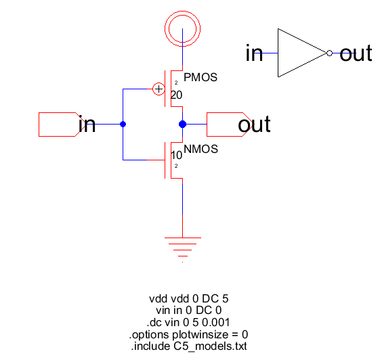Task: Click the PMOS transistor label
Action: (x=200, y=77)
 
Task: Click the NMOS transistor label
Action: (x=201, y=149)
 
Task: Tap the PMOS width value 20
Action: (x=176, y=95)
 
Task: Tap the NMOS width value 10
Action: (x=176, y=155)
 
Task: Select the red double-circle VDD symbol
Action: (x=182, y=12)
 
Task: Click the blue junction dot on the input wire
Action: (x=123, y=125)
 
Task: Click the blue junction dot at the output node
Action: (x=182, y=125)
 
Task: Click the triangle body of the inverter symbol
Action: (x=278, y=53)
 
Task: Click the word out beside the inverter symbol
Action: (x=356, y=53)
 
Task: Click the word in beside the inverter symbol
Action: (x=254, y=53)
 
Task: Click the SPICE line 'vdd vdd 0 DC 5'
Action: (x=189, y=298)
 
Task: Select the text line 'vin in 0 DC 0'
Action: (x=189, y=311)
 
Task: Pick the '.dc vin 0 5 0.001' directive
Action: (x=188, y=322)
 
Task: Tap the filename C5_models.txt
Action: (x=210, y=346)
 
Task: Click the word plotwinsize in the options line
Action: (x=200, y=334)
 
